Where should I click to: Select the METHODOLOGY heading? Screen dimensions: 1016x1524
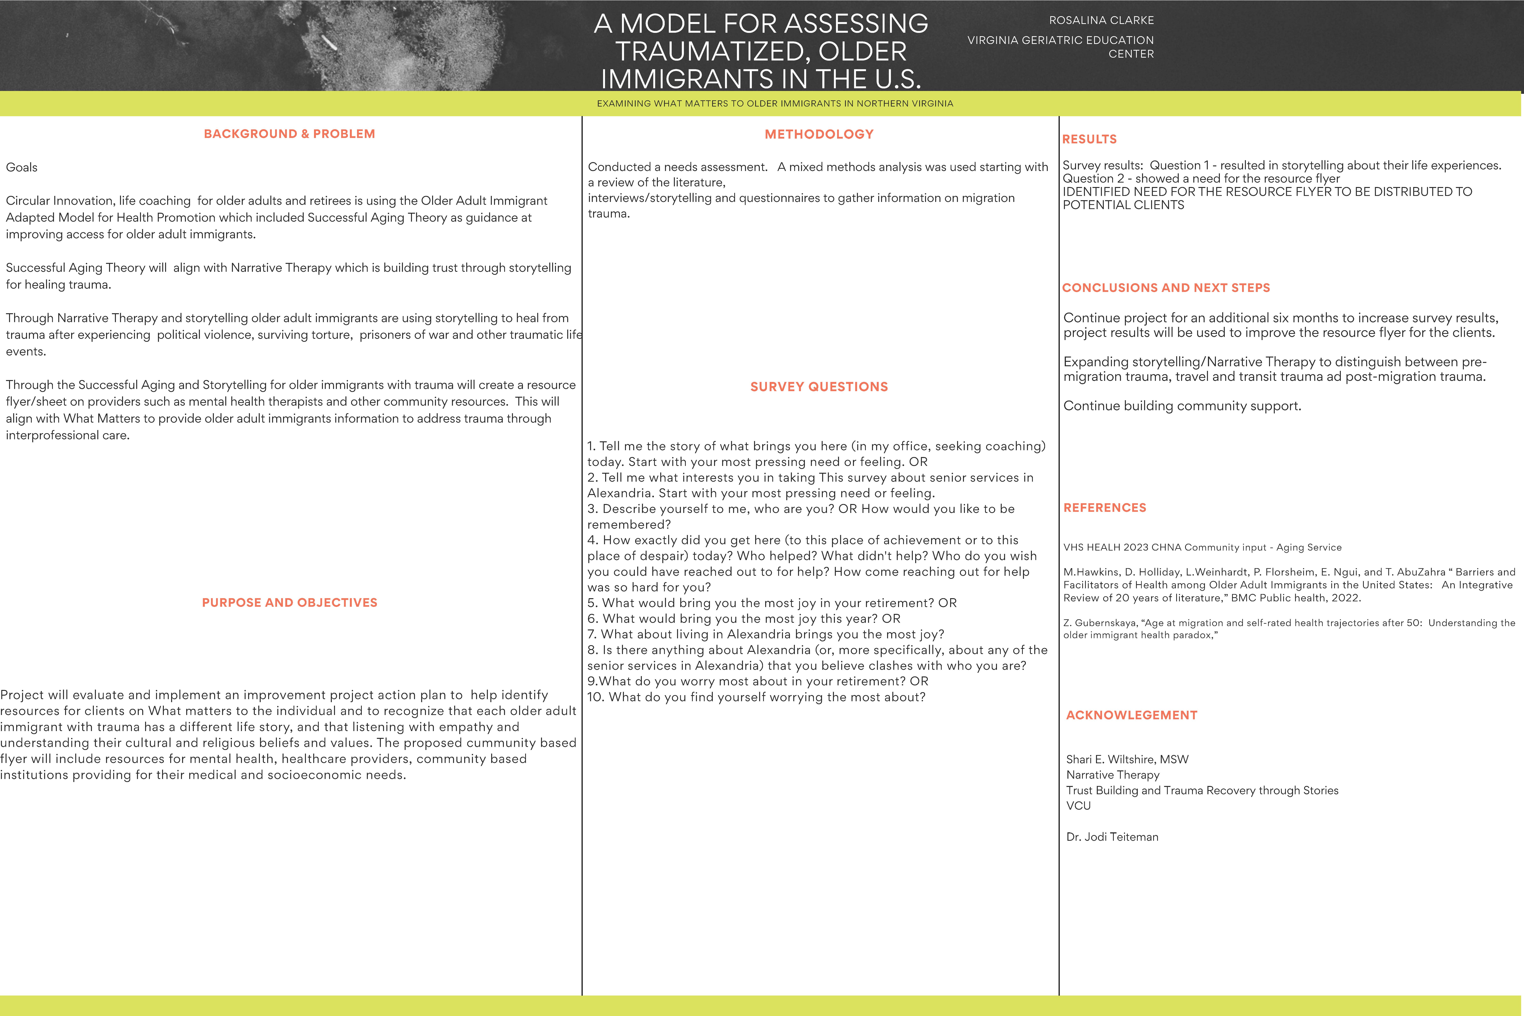819,134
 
